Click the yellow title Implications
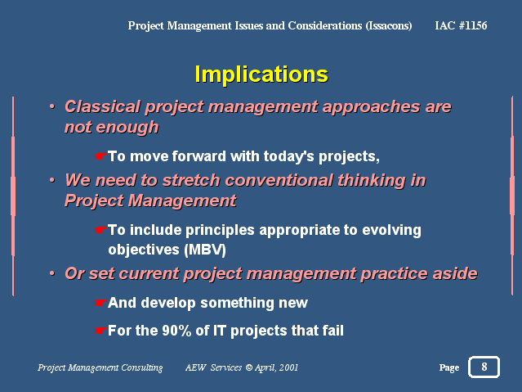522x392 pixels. [261, 74]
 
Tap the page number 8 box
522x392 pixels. [484, 367]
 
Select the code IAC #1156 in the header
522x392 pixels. [461, 25]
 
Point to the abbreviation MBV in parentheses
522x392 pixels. [205, 250]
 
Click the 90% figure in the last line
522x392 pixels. [176, 331]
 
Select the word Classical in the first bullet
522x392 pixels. [102, 106]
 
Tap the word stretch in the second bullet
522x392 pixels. [191, 180]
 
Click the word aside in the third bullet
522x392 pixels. [455, 273]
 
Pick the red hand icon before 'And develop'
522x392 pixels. [100, 303]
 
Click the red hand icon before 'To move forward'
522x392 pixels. [100, 156]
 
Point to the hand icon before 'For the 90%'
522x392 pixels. [100, 331]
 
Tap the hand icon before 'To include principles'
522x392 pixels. [100, 230]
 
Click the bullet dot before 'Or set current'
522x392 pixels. [52, 273]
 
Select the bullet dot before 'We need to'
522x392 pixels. [52, 180]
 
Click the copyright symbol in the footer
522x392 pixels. [248, 367]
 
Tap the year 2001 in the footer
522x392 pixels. [288, 367]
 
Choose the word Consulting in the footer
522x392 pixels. [142, 367]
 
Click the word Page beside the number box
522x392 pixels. [449, 367]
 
